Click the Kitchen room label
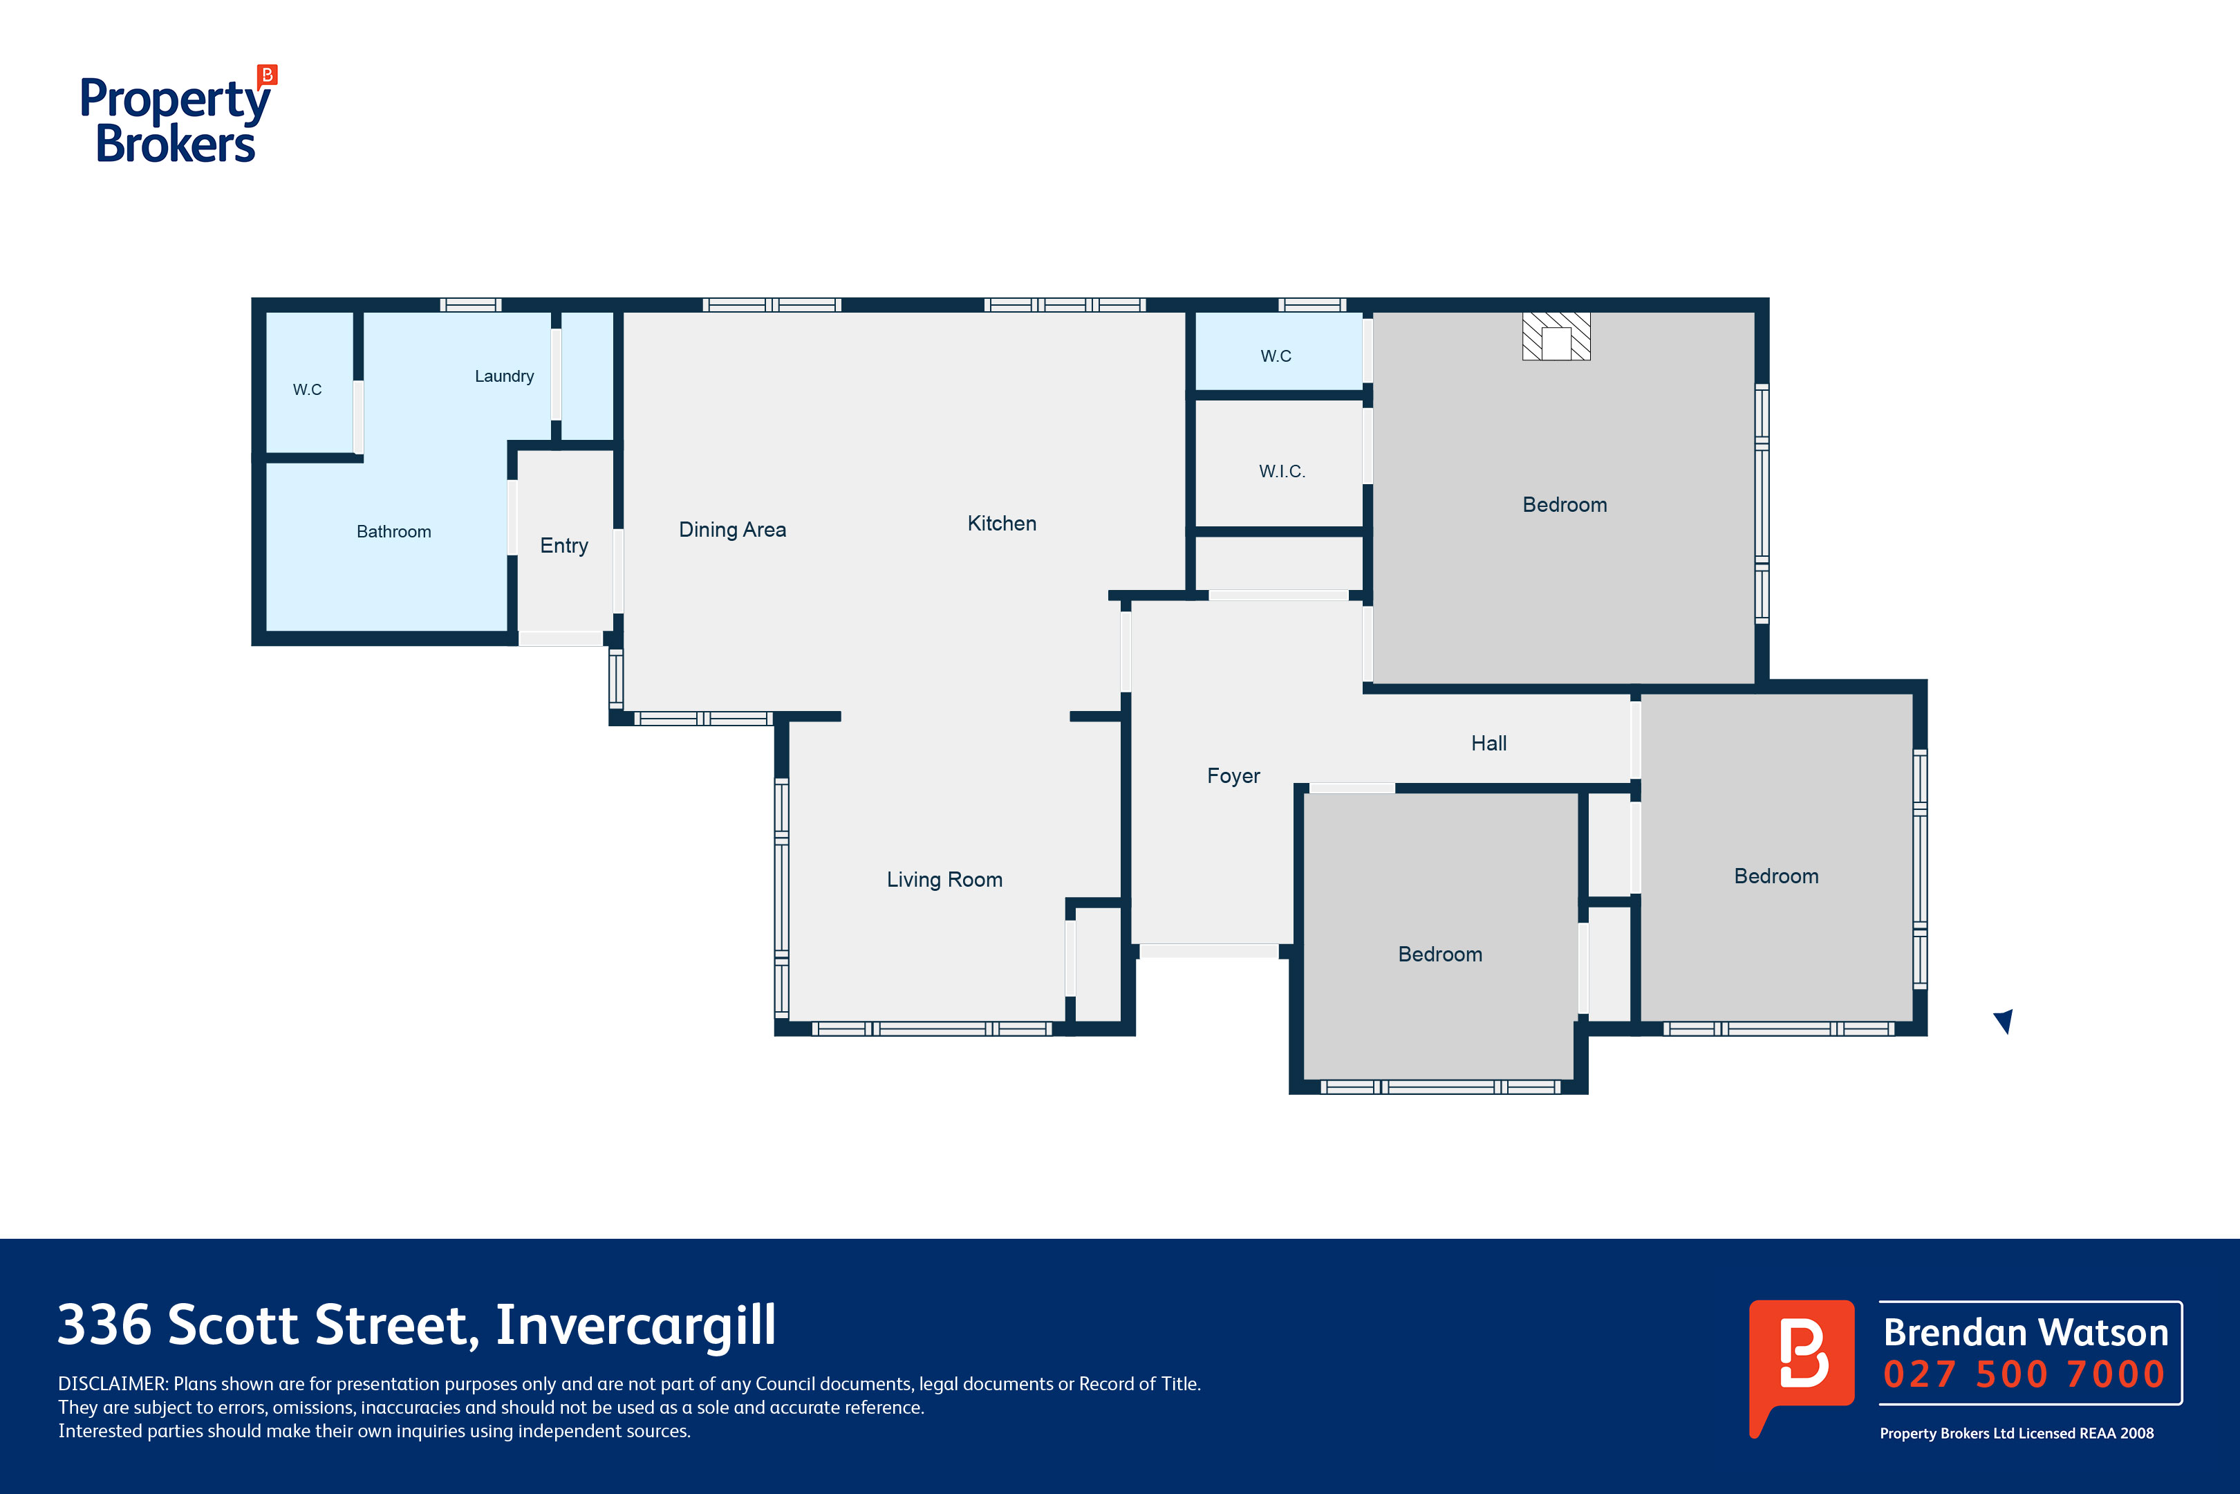(x=1002, y=523)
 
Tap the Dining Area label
(x=732, y=530)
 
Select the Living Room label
(x=945, y=879)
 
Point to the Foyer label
(x=1233, y=775)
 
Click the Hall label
(x=1488, y=743)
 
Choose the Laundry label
(x=504, y=376)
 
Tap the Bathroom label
(x=393, y=532)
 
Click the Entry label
(x=564, y=546)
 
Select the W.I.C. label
(x=1282, y=471)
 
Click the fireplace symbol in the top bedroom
(x=1556, y=336)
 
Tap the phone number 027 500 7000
(x=2024, y=1374)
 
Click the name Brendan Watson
(x=2026, y=1332)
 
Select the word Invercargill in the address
(x=636, y=1325)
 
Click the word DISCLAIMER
(x=113, y=1383)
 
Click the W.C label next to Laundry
(x=307, y=389)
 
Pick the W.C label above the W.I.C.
(x=1276, y=356)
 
